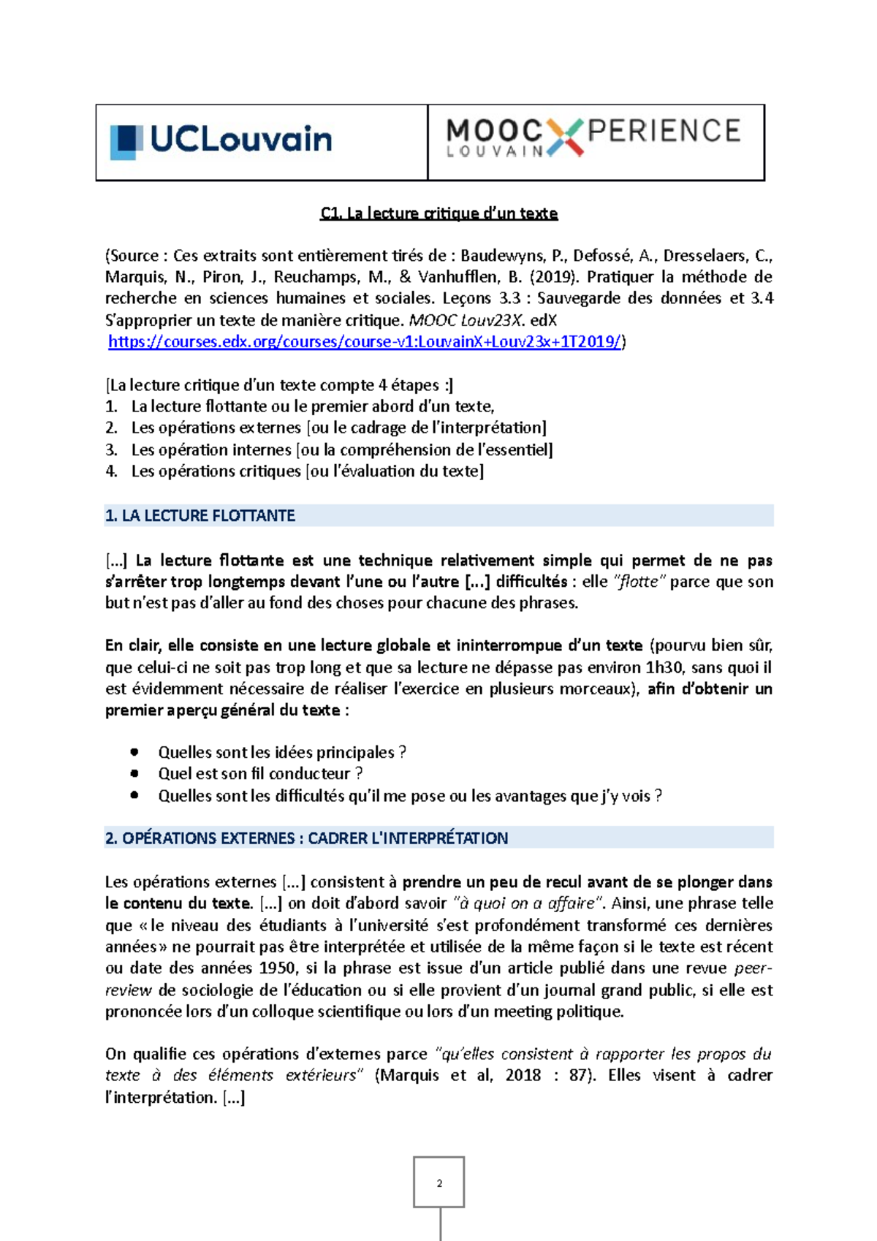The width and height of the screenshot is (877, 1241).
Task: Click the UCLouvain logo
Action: tap(221, 140)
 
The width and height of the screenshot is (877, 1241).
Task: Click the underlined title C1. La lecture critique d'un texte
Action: tap(438, 213)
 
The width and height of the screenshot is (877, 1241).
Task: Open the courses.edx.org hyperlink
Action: tap(365, 341)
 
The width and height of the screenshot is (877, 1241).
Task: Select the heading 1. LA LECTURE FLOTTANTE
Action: tap(200, 515)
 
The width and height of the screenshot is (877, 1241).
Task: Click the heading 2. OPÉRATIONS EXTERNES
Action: tap(306, 838)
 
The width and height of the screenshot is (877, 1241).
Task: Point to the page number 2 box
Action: tap(438, 1183)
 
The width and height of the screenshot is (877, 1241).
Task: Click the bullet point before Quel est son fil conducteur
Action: tap(134, 773)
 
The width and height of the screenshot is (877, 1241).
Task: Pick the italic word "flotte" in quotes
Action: tap(639, 582)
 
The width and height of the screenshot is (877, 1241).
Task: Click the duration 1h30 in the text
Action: tap(665, 667)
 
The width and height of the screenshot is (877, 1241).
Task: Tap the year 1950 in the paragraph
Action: tap(277, 968)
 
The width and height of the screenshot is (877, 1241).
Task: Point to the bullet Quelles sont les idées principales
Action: tap(281, 752)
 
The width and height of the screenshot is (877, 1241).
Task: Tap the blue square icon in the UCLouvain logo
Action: tap(126, 141)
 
